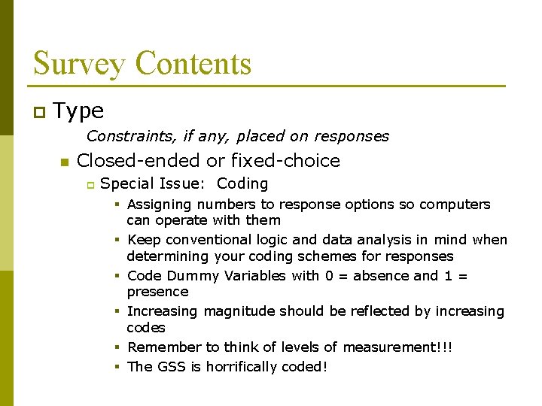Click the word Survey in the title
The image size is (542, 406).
tap(78, 63)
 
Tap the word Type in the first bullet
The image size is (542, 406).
tap(79, 111)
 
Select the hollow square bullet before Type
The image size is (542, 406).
tap(39, 113)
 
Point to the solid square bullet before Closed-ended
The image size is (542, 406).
tap(64, 162)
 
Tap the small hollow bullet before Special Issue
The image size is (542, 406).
tap(88, 184)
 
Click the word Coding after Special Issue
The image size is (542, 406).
tap(242, 183)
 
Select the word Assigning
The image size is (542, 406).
tap(158, 205)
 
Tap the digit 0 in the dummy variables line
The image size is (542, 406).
tap(329, 275)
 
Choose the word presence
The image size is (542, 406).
tap(157, 292)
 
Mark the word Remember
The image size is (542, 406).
tap(165, 347)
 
